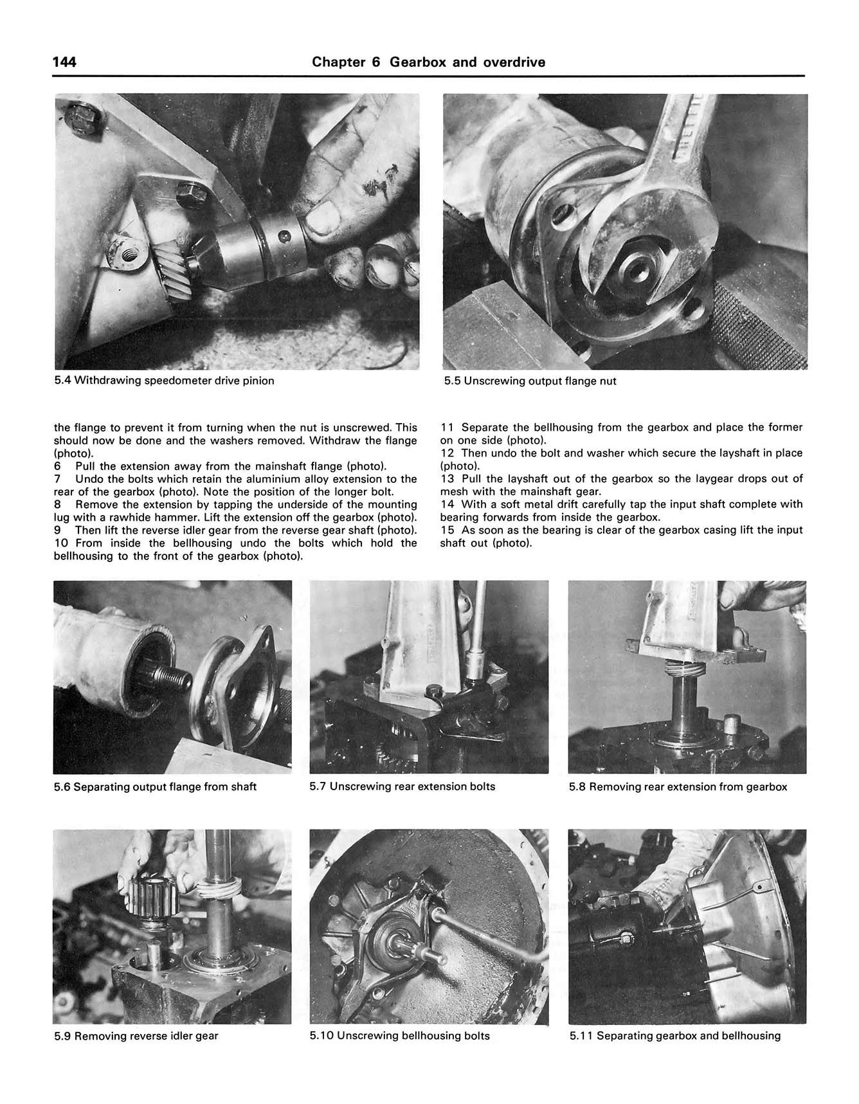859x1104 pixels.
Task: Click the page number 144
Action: coord(64,62)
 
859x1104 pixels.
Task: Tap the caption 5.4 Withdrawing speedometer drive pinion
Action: coord(164,381)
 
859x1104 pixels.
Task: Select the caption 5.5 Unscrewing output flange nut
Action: coord(530,381)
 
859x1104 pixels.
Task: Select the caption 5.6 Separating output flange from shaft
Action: coord(155,787)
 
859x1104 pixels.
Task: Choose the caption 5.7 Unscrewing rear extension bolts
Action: coord(402,786)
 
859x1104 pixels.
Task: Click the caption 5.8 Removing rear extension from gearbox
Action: coord(678,787)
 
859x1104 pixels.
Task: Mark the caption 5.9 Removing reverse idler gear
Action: coord(136,1036)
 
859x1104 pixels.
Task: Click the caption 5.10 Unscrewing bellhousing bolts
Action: coord(399,1036)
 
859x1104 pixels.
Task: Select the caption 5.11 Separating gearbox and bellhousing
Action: coord(674,1036)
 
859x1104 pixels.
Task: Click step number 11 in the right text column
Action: coord(448,428)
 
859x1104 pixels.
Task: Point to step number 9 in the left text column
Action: coord(58,530)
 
